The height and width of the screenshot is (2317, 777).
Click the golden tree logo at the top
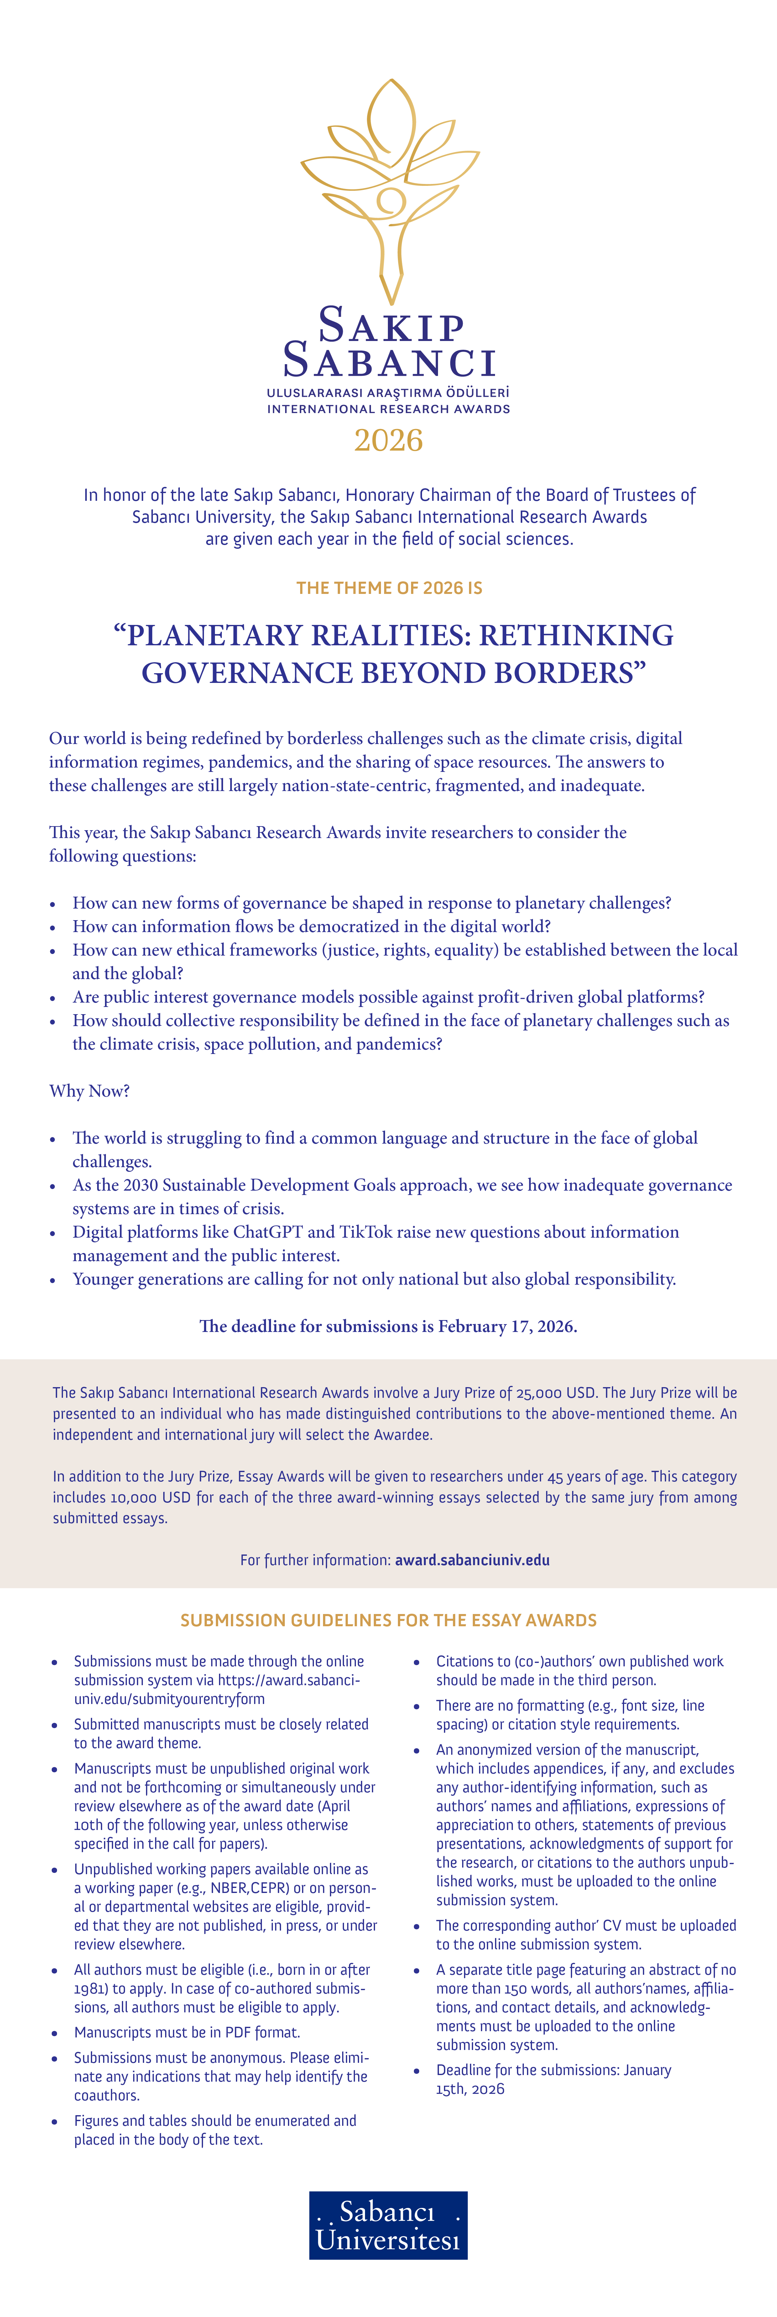388,189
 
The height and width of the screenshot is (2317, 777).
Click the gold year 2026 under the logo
388,441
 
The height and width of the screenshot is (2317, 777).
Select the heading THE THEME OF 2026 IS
388,588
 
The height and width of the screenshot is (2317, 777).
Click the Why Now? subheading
89,1091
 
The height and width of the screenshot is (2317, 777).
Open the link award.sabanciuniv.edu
472,1560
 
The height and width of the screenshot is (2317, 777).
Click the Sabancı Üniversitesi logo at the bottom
388,2224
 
